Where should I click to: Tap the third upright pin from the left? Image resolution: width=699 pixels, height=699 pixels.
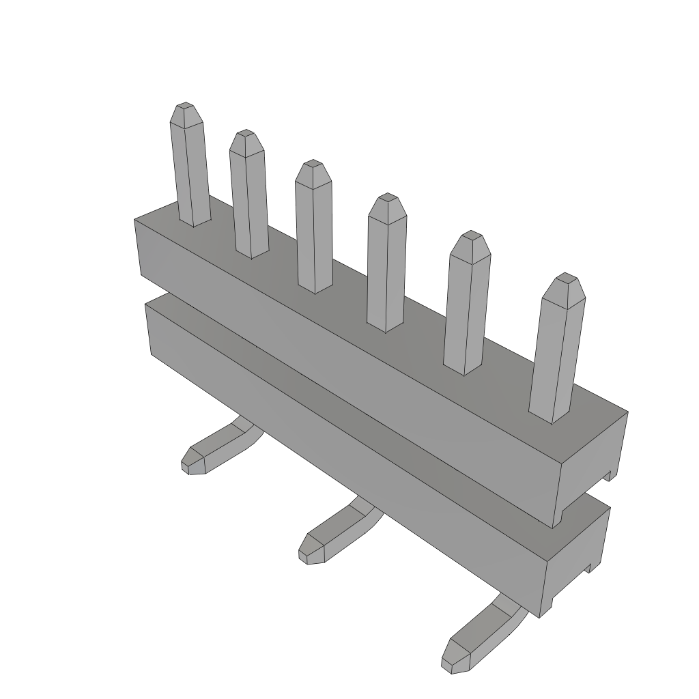314,232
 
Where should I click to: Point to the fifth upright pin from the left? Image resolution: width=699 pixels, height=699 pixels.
467,307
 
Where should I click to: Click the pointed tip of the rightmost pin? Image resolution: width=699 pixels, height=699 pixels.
565,281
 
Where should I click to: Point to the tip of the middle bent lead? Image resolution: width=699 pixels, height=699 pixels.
309,550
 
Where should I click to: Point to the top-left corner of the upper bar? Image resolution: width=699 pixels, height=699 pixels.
135,220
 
